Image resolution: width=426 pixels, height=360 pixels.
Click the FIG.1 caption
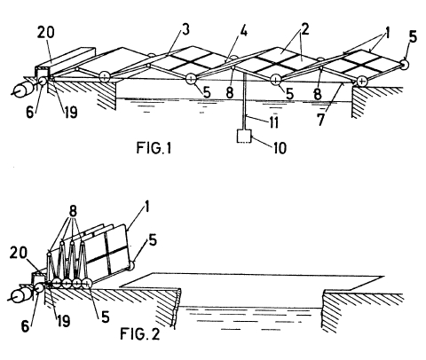click(154, 147)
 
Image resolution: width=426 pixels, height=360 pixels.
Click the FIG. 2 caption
click(140, 333)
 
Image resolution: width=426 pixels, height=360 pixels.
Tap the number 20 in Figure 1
click(46, 32)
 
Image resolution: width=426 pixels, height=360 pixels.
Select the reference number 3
click(185, 29)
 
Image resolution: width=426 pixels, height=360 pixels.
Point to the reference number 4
click(243, 30)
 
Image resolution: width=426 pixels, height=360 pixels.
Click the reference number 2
click(304, 29)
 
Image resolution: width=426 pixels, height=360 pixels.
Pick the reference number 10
click(280, 148)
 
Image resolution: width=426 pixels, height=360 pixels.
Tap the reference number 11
click(273, 122)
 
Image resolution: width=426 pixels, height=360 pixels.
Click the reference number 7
click(321, 120)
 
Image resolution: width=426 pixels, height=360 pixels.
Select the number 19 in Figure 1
click(71, 112)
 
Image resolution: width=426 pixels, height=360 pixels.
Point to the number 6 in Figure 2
click(26, 326)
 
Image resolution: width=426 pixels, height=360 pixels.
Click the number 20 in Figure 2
click(19, 253)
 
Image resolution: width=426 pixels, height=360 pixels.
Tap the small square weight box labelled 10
click(244, 137)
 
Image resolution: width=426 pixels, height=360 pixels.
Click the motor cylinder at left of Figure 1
click(22, 89)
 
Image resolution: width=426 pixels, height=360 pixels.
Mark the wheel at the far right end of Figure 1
click(404, 65)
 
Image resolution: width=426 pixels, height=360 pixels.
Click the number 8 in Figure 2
click(73, 211)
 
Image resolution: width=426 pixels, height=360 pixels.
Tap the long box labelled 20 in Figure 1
click(65, 60)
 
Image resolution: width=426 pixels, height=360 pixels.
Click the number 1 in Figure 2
click(146, 207)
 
